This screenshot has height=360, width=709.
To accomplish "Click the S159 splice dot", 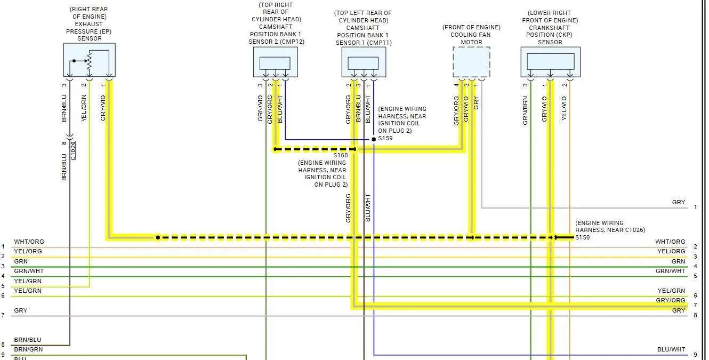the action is pyautogui.click(x=374, y=139).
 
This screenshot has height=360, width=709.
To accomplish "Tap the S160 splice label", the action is pyautogui.click(x=341, y=155).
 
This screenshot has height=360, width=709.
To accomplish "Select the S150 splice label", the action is pyautogui.click(x=582, y=237).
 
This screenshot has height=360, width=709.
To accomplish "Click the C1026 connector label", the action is pyautogui.click(x=73, y=151).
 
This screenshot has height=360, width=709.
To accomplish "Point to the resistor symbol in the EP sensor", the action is pyautogui.click(x=90, y=60).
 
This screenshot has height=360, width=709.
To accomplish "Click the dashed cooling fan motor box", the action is pyautogui.click(x=471, y=62).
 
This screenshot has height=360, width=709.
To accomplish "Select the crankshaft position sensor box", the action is pyautogui.click(x=551, y=62).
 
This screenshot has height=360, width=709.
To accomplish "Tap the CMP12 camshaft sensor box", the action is pyautogui.click(x=276, y=62).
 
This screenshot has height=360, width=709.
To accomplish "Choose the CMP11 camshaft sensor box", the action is pyautogui.click(x=364, y=62).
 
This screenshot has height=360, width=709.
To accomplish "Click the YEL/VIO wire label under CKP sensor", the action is pyautogui.click(x=564, y=108).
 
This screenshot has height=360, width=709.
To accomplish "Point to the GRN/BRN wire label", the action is pyautogui.click(x=525, y=110).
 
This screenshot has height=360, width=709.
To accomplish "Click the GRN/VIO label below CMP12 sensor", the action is pyautogui.click(x=260, y=108).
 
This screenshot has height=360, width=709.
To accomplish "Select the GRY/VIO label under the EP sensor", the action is pyautogui.click(x=103, y=108).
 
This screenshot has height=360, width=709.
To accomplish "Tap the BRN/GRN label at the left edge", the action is pyautogui.click(x=28, y=349).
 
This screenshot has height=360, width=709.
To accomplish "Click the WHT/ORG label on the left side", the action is pyautogui.click(x=29, y=242).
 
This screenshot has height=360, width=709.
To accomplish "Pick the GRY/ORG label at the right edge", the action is pyautogui.click(x=671, y=300).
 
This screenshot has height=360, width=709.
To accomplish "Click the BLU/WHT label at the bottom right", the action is pyautogui.click(x=671, y=349).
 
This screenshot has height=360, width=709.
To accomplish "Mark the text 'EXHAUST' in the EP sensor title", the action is pyautogui.click(x=88, y=24).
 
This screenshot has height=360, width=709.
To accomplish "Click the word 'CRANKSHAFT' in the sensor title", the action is pyautogui.click(x=549, y=28).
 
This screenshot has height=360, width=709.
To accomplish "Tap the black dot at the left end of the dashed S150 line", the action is pyautogui.click(x=158, y=237).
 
